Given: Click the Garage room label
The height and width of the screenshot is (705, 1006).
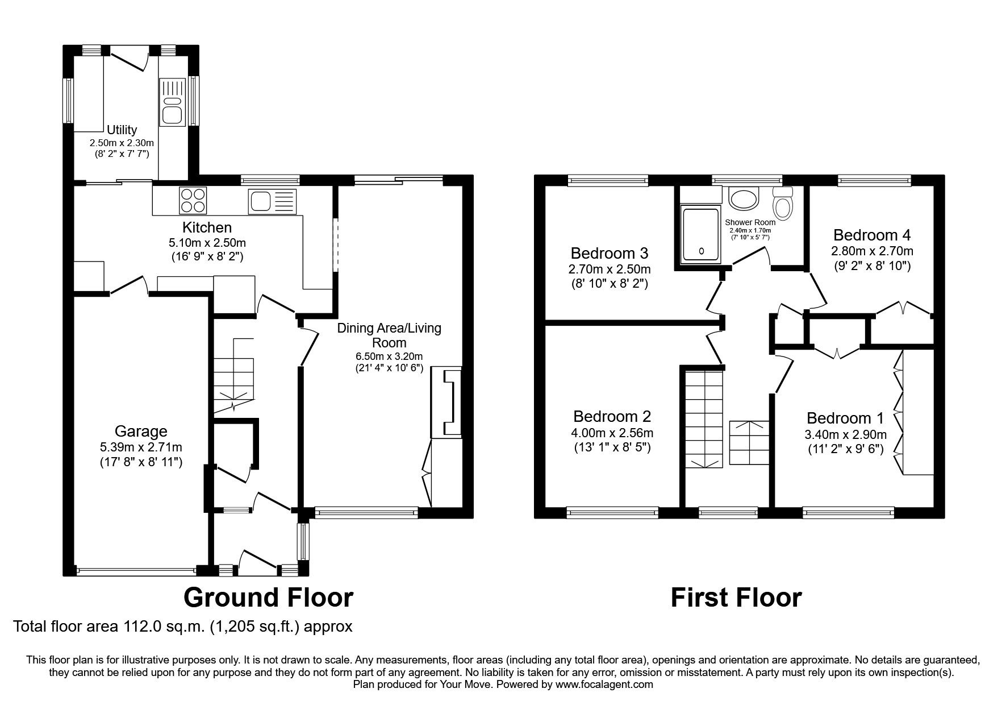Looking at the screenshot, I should point(141,432).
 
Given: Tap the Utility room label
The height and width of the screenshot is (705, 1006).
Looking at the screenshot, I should point(122,130).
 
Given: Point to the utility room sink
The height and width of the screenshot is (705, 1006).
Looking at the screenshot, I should point(171,102).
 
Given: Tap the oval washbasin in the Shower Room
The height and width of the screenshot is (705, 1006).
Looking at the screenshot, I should point(743,200).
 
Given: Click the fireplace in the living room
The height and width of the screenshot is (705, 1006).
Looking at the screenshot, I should point(447,403).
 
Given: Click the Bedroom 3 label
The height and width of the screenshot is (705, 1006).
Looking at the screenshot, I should point(610,252).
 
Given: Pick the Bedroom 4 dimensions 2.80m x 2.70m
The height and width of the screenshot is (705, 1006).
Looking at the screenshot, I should point(872,251).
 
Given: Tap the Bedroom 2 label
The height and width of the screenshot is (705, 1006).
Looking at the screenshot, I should point(612,416).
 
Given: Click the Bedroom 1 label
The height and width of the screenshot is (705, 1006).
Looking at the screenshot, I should point(845,418).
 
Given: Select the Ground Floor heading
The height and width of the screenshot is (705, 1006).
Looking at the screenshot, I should point(268,598).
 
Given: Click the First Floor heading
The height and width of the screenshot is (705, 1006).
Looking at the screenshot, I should point(736,598).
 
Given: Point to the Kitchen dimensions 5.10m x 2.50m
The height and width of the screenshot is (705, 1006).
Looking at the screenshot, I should point(207,242).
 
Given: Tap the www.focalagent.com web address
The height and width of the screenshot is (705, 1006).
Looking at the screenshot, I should point(604,685).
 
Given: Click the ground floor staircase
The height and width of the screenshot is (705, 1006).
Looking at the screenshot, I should point(234,375).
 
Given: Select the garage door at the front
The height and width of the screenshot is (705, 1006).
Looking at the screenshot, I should point(136,570).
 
